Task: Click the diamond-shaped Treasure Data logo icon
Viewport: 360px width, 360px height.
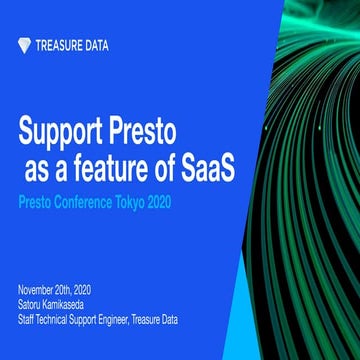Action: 25,45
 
